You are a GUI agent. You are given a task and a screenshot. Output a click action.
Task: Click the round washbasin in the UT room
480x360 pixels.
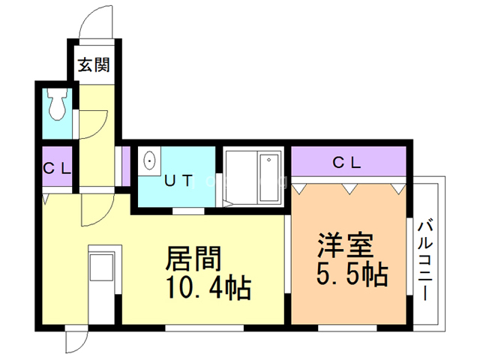click(x=149, y=160)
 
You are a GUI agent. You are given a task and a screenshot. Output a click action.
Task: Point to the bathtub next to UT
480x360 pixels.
click(x=252, y=177)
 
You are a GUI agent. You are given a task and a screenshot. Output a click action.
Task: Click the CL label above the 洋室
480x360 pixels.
click(x=347, y=161)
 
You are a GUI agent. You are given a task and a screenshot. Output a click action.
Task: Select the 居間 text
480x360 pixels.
click(x=193, y=259)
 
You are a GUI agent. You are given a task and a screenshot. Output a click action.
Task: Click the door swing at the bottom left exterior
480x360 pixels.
click(x=76, y=341)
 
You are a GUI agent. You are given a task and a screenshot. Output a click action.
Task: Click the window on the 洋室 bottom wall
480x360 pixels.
click(x=346, y=328)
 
